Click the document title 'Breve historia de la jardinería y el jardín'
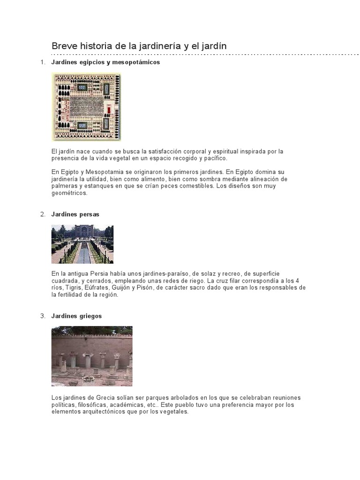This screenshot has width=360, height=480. click(139, 46)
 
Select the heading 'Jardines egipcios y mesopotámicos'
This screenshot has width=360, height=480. click(105, 62)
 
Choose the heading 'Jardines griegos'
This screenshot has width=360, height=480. click(76, 316)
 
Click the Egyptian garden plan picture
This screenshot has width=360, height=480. click(86, 107)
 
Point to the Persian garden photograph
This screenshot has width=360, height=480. click(82, 244)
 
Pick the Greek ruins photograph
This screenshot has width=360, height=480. click(92, 356)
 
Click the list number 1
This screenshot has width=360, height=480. click(42, 62)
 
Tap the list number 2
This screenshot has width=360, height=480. click(42, 214)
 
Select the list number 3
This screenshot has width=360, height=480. click(42, 316)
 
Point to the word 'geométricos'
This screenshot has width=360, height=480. click(69, 193)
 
